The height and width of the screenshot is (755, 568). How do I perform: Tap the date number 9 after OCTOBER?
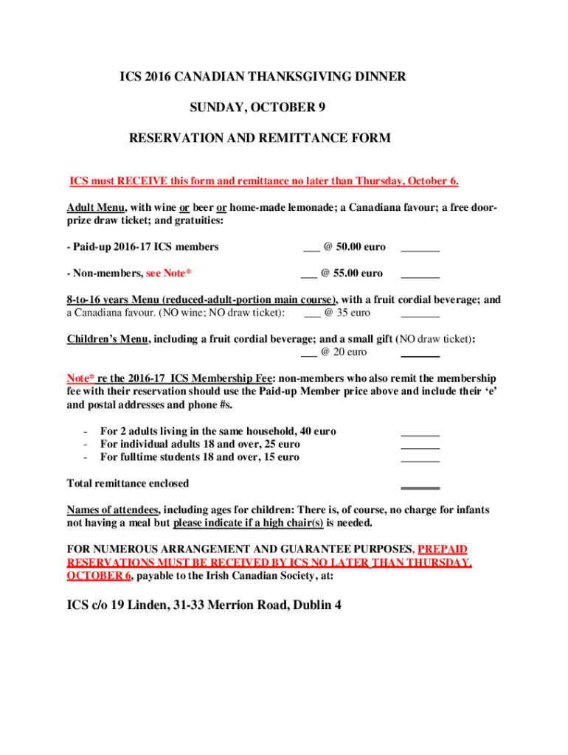click(322, 107)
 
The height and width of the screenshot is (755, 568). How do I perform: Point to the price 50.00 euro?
click(353, 247)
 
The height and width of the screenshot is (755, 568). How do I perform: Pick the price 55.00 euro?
click(353, 274)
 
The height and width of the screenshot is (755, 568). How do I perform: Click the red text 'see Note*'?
click(169, 274)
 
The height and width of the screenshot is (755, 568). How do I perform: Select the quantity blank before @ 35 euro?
click(311, 314)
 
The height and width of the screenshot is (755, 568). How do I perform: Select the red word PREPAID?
click(443, 549)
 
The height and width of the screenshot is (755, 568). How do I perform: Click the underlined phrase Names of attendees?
click(112, 510)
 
